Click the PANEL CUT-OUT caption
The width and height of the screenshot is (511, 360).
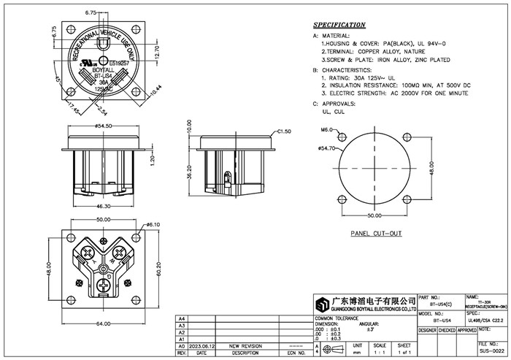tap(376, 234)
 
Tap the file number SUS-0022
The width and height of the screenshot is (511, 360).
tap(491, 351)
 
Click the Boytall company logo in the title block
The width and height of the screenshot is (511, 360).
tap(320, 304)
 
